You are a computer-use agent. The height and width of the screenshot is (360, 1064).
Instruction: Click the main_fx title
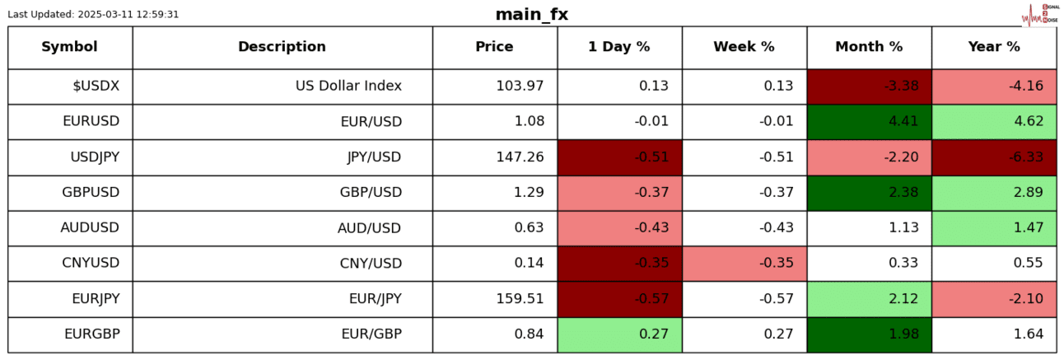tap(531, 15)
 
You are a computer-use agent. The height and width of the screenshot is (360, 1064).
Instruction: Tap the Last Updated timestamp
tap(93, 15)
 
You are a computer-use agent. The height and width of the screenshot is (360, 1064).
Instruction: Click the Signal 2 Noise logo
tap(1038, 14)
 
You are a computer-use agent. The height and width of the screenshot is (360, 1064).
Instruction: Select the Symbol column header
tap(69, 47)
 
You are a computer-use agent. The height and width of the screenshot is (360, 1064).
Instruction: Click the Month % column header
tap(869, 47)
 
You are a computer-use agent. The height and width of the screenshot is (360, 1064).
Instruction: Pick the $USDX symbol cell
tap(96, 86)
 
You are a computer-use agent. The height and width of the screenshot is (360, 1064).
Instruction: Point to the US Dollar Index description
tap(348, 86)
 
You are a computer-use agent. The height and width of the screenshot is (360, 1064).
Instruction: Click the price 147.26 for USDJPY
tap(520, 157)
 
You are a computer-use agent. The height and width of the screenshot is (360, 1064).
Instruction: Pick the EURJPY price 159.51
tap(520, 298)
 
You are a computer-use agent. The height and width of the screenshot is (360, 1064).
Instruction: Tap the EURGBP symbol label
tap(91, 334)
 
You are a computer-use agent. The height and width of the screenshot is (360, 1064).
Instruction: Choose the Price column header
tap(494, 47)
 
